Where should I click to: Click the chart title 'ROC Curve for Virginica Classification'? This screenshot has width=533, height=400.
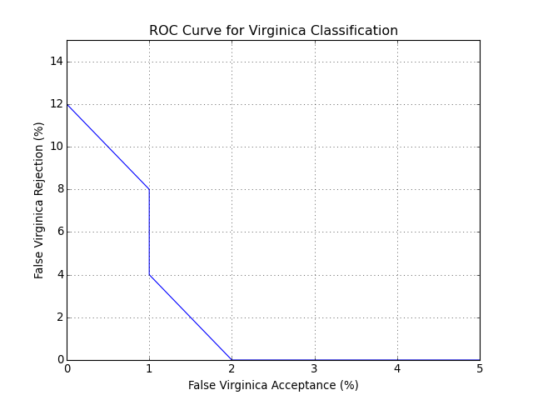click(273, 31)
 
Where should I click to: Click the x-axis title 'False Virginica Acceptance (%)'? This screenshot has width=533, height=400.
click(273, 385)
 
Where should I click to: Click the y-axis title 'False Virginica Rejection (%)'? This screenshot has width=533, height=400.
click(39, 200)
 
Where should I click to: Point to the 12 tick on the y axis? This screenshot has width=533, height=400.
click(55, 104)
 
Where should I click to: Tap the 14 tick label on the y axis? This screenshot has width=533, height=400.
click(55, 62)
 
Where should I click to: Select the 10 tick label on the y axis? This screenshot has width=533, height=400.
click(55, 147)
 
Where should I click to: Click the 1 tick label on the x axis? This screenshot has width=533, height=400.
click(149, 368)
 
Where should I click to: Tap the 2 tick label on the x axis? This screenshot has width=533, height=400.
click(232, 368)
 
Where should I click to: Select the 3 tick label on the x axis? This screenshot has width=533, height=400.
click(315, 368)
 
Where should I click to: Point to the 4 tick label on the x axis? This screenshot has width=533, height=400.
click(397, 368)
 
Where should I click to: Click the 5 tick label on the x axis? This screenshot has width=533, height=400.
click(480, 368)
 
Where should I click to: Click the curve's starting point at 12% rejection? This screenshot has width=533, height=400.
click(67, 104)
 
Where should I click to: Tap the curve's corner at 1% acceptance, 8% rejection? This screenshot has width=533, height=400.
click(149, 189)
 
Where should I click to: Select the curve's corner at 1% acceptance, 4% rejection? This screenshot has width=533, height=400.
click(149, 274)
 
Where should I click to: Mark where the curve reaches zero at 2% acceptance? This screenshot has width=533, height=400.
click(232, 359)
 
